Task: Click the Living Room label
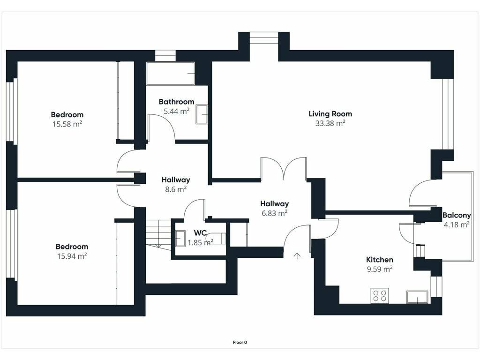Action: (330, 114)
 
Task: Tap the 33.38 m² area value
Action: (330, 123)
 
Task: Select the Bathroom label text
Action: (177, 102)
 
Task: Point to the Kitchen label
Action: (380, 260)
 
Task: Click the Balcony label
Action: (457, 215)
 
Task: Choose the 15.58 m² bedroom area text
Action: (67, 124)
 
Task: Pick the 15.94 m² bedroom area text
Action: (72, 256)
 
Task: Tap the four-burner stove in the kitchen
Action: (380, 295)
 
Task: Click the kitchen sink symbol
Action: (417, 297)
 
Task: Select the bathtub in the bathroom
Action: (171, 74)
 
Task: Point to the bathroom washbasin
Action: (202, 114)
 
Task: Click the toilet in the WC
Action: (216, 239)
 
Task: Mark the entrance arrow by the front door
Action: (297, 256)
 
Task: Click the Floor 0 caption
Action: (240, 342)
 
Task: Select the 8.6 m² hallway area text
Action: (176, 189)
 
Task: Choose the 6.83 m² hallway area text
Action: (274, 213)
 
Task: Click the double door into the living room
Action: (284, 168)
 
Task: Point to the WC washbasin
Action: (180, 239)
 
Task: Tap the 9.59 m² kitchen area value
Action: (380, 269)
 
